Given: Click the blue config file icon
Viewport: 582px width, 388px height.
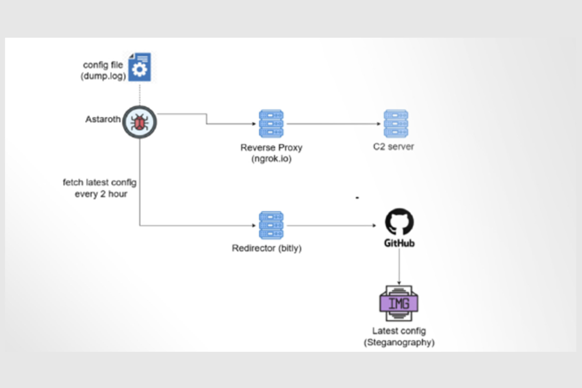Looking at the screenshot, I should point(139,67).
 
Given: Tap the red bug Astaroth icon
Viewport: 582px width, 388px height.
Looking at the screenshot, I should point(139,122).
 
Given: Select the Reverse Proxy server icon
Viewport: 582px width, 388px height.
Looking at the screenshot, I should point(271,124).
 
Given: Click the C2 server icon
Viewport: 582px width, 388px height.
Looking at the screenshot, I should point(396,124).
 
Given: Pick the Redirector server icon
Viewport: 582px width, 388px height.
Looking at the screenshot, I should point(271,225).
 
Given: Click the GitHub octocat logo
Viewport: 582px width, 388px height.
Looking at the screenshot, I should point(399,222).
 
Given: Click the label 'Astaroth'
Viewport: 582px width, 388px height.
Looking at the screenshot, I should point(103,119).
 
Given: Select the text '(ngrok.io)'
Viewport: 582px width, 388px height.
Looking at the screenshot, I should point(272,158).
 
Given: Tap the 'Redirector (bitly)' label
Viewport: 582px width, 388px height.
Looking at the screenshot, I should point(266,249).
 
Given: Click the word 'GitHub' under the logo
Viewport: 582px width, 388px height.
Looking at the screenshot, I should point(399,244).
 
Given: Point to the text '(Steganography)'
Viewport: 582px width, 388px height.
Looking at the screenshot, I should point(399,342).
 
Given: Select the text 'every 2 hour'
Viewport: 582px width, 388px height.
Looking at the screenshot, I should point(101,194).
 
